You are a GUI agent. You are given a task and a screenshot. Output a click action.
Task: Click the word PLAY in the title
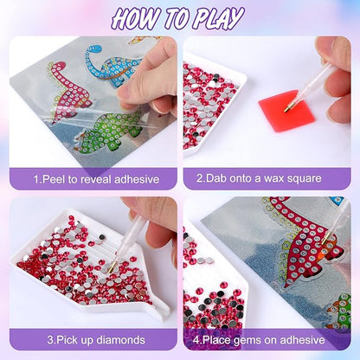tap(217, 17)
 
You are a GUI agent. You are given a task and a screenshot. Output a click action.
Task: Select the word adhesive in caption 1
tap(137, 179)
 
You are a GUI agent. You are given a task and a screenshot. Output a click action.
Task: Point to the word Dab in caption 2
tap(220, 179)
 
